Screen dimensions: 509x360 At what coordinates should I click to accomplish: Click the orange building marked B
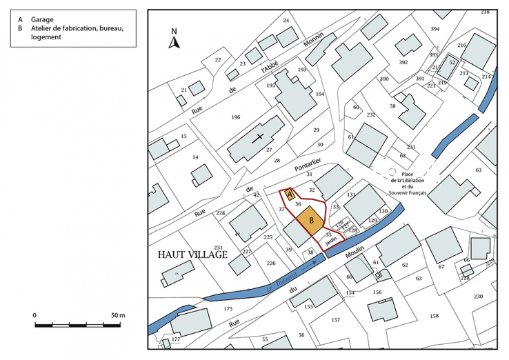[x=312, y=220]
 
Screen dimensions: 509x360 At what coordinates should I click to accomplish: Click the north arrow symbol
[x=175, y=40]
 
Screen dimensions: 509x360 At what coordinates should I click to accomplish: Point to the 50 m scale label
[x=117, y=315]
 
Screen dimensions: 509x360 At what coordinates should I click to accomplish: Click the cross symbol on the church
[x=260, y=137]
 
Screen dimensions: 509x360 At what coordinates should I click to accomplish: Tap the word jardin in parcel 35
[x=331, y=242]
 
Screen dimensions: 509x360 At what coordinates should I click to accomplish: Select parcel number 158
[x=434, y=316]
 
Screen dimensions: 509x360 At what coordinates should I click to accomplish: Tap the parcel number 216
[x=462, y=46]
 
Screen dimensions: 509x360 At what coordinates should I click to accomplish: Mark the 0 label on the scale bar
[x=34, y=315]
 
